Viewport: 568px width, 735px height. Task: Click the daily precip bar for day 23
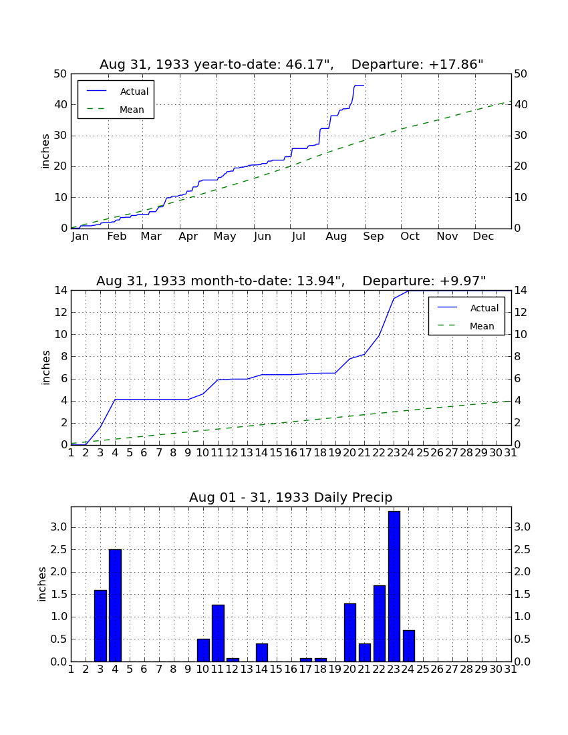(x=394, y=587)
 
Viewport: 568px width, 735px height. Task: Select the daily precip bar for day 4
(x=116, y=605)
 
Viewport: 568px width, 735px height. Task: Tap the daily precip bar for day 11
(x=218, y=633)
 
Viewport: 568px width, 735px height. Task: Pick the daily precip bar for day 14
(x=262, y=653)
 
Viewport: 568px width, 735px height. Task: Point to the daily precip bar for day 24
(x=409, y=646)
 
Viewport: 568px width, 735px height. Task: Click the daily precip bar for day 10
(x=203, y=650)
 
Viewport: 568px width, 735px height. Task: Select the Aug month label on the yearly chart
(x=337, y=237)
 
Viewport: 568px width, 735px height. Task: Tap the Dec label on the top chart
(x=483, y=237)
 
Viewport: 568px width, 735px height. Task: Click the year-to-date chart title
(x=291, y=64)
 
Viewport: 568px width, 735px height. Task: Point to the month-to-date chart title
(x=291, y=281)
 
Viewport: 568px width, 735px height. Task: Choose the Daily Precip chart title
(x=291, y=497)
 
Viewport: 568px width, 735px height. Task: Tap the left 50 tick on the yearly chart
(x=61, y=74)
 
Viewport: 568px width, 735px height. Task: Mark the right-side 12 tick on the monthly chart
(x=521, y=313)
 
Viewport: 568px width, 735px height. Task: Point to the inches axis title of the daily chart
(x=42, y=584)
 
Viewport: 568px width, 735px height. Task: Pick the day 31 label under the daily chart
(x=511, y=670)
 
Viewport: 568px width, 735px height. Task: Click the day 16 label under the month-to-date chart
(x=291, y=453)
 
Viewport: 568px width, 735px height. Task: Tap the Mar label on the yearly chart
(x=151, y=237)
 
